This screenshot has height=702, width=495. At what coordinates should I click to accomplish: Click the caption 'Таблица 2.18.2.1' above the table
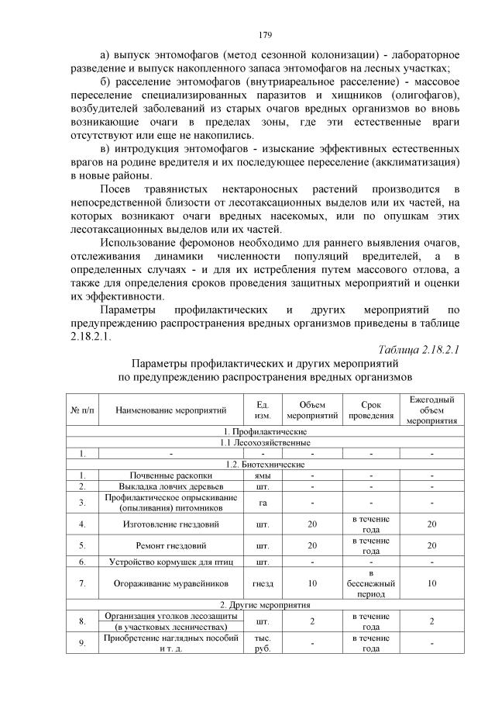[419, 350]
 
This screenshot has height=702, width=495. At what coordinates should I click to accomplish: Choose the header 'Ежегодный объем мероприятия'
[431, 410]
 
